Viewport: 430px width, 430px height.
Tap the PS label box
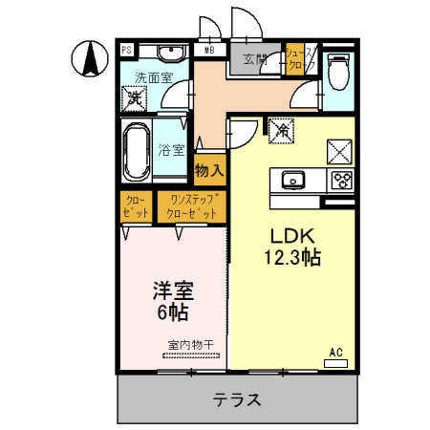click(125, 50)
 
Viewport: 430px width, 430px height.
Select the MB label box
click(208, 50)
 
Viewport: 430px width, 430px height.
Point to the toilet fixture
click(338, 69)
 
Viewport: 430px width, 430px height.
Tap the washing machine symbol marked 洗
click(136, 97)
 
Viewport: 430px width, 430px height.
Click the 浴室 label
click(170, 149)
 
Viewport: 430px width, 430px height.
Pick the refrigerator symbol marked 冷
click(282, 128)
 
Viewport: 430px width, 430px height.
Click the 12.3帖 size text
click(291, 256)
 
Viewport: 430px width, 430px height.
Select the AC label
click(335, 353)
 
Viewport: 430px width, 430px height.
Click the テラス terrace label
click(236, 400)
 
